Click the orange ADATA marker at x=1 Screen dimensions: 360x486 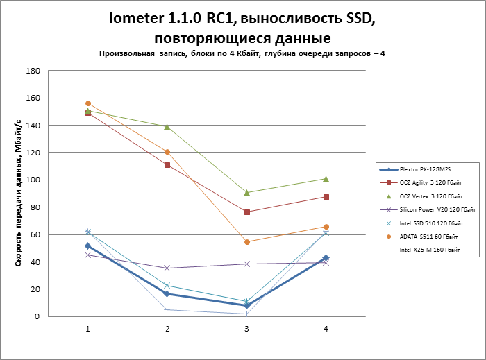[x=88, y=103]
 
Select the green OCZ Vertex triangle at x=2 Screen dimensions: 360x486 [x=167, y=126]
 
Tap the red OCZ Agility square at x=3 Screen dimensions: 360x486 [x=246, y=212]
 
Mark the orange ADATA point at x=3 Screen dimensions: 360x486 [x=246, y=242]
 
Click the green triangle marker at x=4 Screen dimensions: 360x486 [x=326, y=179]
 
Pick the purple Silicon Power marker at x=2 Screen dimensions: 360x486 [x=167, y=268]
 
